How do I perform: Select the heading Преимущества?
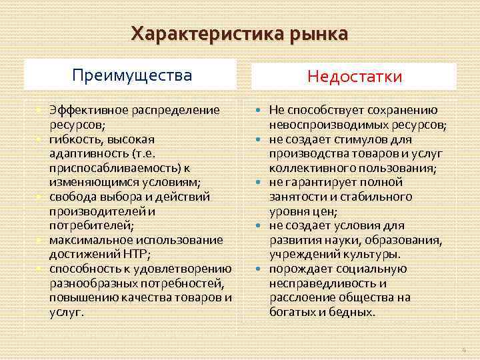coord(131,75)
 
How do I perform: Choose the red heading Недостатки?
coord(355,77)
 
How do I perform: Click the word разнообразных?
coord(90,283)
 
